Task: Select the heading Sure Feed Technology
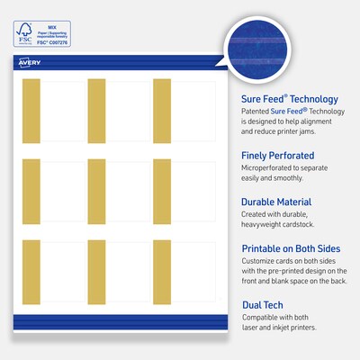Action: (289, 99)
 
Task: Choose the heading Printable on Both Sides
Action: (296, 248)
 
